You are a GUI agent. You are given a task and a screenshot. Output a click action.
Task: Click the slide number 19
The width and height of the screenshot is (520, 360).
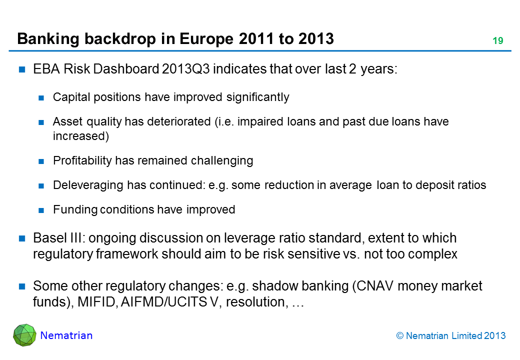click(498, 41)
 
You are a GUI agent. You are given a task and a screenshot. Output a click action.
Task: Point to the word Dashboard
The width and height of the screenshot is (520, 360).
click(126, 69)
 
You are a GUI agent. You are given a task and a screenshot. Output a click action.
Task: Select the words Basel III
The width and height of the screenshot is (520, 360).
click(59, 238)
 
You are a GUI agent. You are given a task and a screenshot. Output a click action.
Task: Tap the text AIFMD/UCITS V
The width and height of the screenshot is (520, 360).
click(169, 302)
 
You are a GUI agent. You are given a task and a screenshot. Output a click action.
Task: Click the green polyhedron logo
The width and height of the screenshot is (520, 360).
click(24, 335)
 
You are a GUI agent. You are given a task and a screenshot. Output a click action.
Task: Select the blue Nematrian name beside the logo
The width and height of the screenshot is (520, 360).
click(66, 335)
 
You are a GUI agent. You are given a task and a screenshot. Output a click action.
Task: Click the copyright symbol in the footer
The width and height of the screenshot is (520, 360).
click(400, 336)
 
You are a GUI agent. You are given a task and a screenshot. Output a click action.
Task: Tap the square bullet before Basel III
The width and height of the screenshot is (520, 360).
click(22, 238)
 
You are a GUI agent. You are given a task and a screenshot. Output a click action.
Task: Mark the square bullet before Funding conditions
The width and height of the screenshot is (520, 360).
click(41, 210)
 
